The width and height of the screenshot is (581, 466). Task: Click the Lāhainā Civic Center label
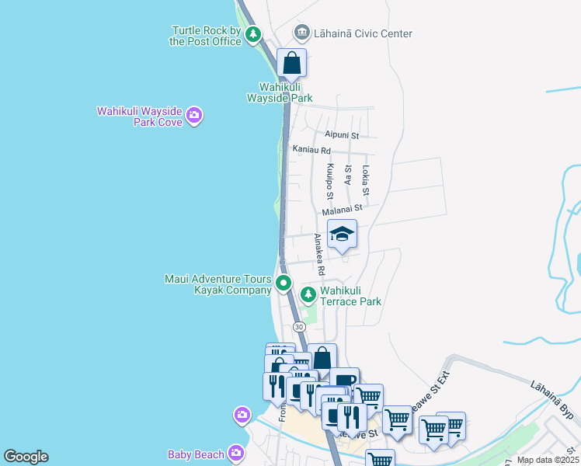pos(362,33)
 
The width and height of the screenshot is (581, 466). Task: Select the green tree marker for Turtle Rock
pos(253,34)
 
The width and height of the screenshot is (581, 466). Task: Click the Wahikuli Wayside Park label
pos(280,92)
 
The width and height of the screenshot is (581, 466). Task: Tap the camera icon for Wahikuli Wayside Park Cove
pos(194,116)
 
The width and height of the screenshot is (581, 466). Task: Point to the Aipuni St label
pos(342,135)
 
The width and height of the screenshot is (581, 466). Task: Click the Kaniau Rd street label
pos(311,150)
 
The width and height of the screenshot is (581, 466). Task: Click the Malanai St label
pos(342,208)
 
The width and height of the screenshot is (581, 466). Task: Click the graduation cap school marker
pos(341,235)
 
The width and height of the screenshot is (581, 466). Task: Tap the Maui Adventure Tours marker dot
pos(284,283)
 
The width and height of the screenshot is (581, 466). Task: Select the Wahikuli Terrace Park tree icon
pos(308,294)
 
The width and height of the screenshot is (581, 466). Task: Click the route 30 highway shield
pos(299,327)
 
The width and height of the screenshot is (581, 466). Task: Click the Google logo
pos(26,457)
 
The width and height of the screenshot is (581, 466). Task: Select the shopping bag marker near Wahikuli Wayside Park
pos(291,63)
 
